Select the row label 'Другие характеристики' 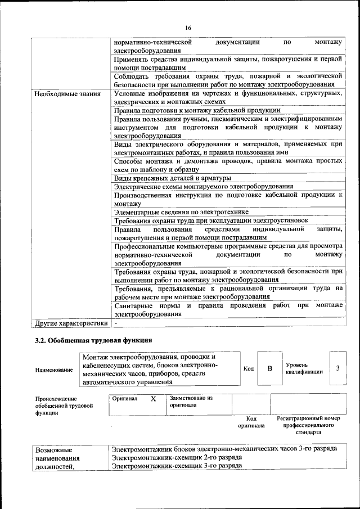[x=71, y=324]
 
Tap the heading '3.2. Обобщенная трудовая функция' [x=93, y=341]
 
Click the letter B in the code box [x=269, y=368]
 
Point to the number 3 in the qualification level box [x=337, y=368]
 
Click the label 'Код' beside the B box [x=248, y=368]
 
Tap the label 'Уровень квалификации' [x=304, y=368]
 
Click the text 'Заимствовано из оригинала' [x=191, y=401]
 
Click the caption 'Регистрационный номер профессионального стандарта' [x=308, y=426]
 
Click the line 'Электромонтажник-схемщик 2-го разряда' [x=177, y=457]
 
